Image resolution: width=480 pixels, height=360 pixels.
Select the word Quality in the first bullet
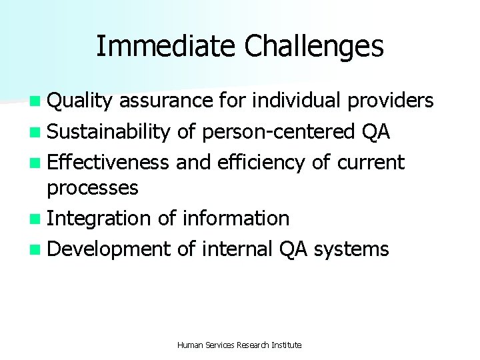pos(81,101)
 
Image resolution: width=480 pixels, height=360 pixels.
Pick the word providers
pos(393,101)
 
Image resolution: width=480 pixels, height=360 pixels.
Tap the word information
pos(235,218)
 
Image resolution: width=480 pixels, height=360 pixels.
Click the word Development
pos(109,249)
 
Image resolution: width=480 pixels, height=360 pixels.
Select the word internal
pos(236,249)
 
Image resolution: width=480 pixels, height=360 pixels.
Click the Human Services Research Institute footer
pos(239,345)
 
